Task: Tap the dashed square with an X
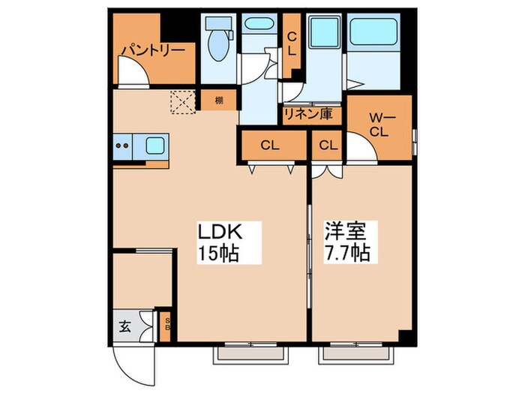183,101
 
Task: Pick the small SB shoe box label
167,324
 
